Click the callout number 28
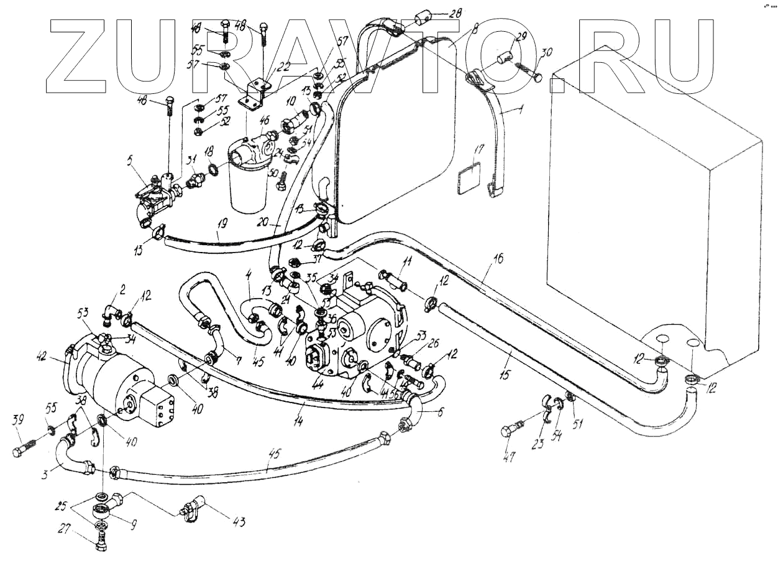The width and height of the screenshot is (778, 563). click(455, 12)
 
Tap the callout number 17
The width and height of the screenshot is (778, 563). click(477, 150)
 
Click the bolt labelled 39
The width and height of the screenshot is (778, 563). click(24, 449)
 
